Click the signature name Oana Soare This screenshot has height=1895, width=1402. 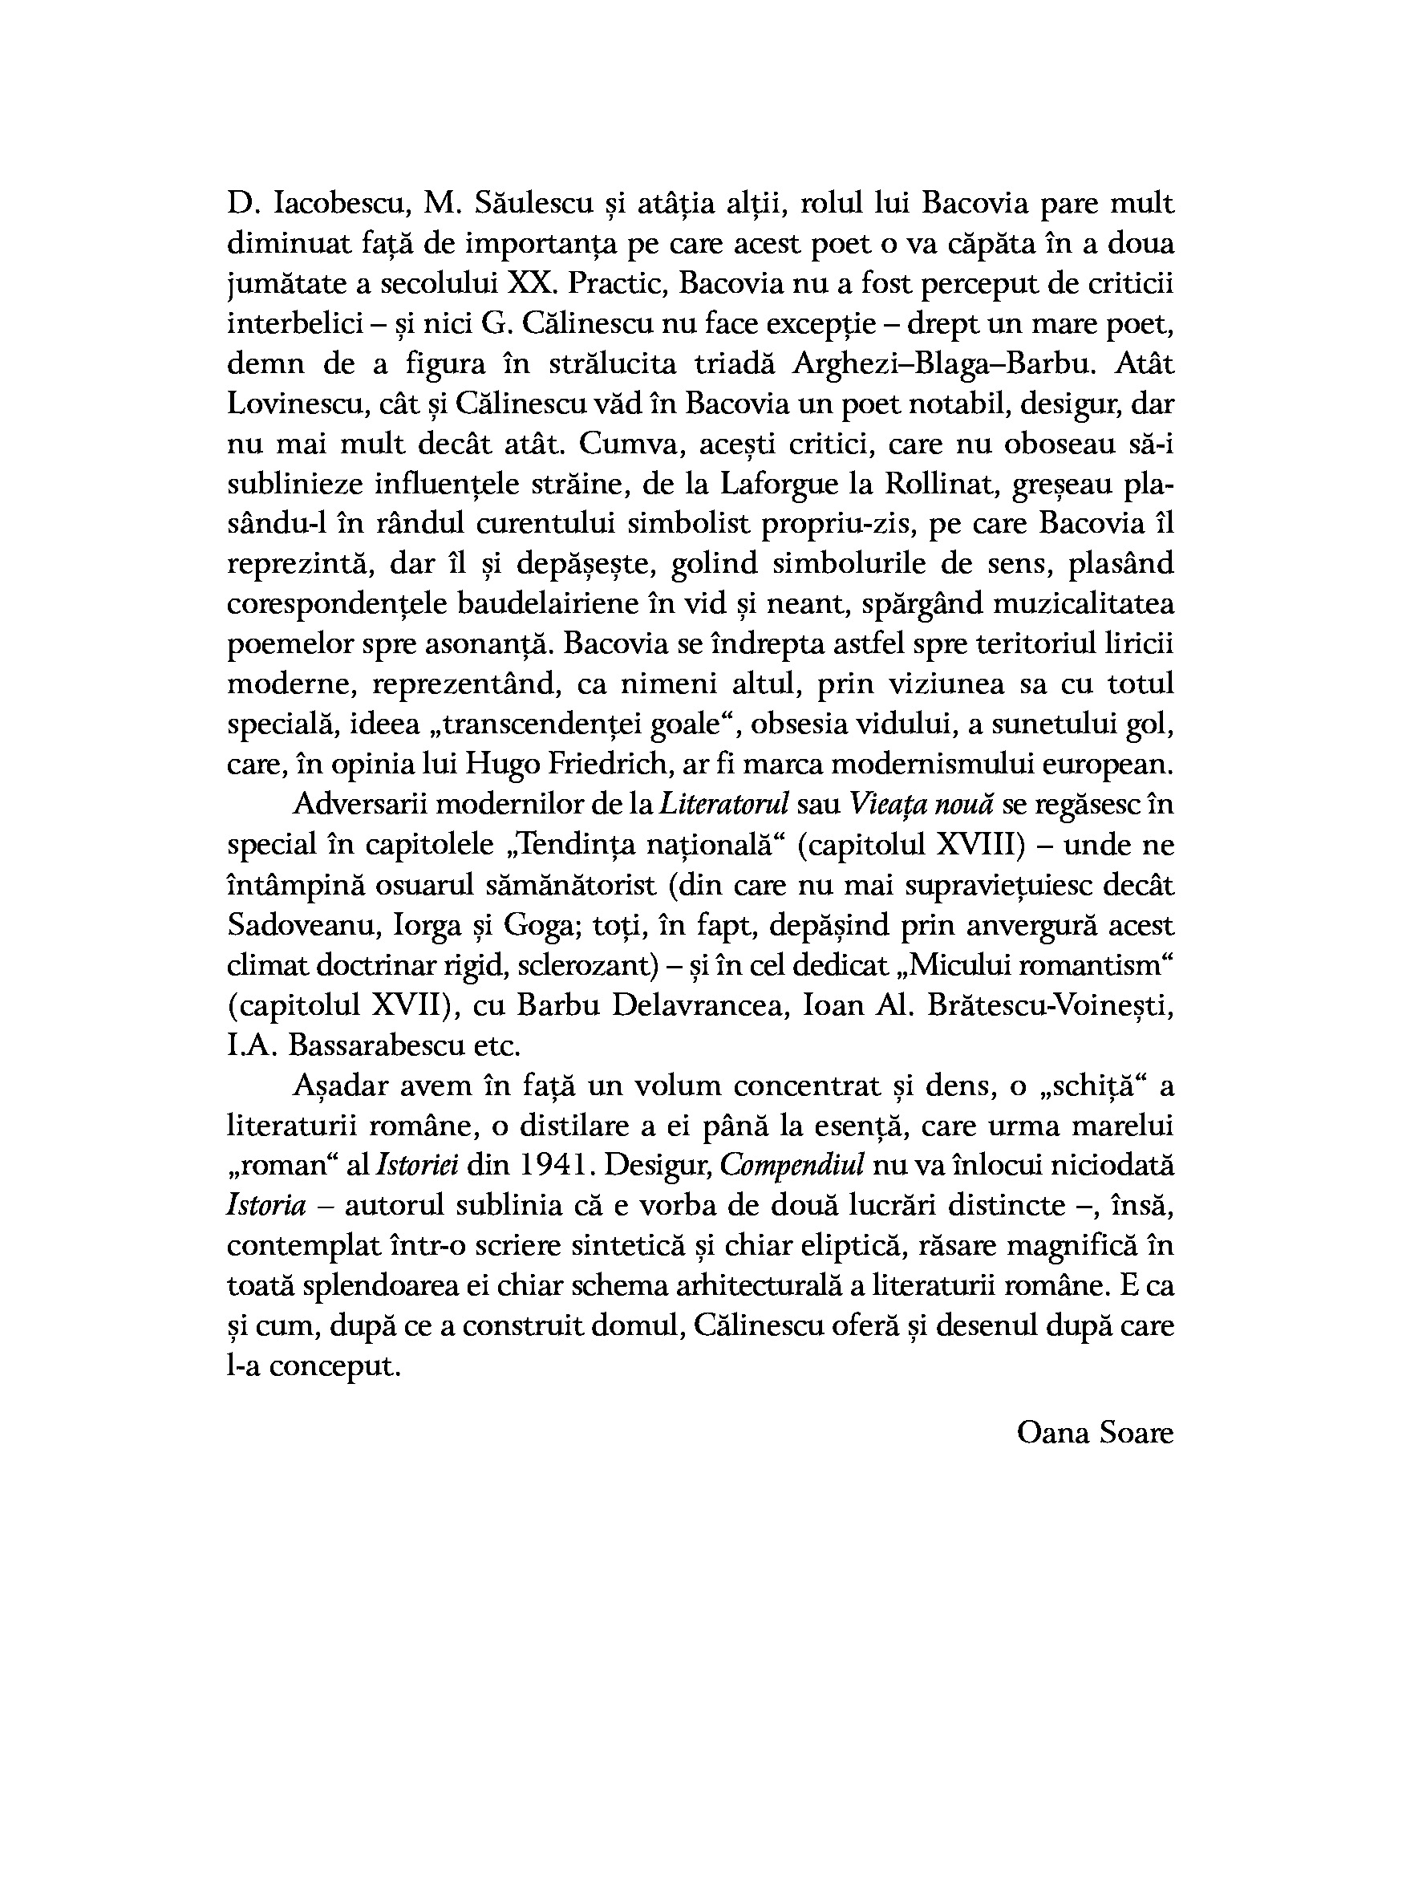[1095, 1432]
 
